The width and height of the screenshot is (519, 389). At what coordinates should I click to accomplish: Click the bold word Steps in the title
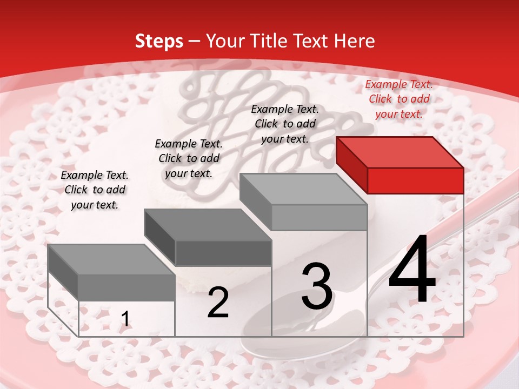coord(159,41)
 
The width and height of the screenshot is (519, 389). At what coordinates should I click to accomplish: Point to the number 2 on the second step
coord(218,303)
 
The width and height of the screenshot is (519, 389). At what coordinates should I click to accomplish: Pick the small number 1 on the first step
coord(125,319)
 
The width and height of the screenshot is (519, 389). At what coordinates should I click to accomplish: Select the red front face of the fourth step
coord(415,180)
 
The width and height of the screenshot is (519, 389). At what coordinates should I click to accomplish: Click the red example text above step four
coord(399,99)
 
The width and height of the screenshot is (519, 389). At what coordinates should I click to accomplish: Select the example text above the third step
coord(285,124)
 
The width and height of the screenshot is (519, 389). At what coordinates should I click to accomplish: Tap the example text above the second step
coord(189,158)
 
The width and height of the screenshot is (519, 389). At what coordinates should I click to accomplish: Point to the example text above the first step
coord(94,190)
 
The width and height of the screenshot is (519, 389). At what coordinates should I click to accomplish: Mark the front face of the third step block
coord(319,218)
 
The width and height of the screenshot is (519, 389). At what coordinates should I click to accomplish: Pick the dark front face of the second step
coord(223,253)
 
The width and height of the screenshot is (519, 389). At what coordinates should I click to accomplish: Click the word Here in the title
coord(354,41)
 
